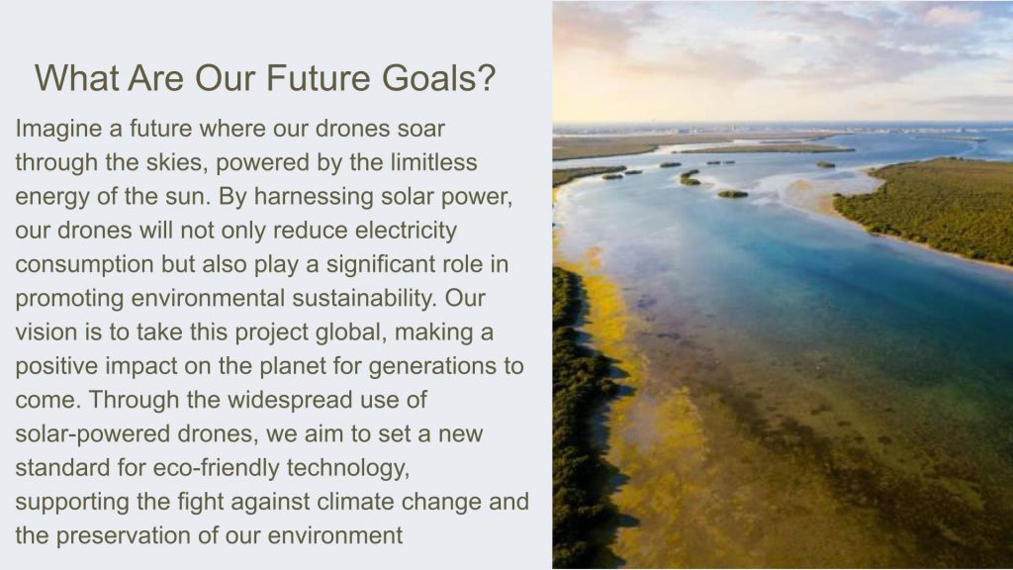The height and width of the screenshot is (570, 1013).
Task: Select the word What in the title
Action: click(77, 77)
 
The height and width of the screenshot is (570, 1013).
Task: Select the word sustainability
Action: click(365, 299)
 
